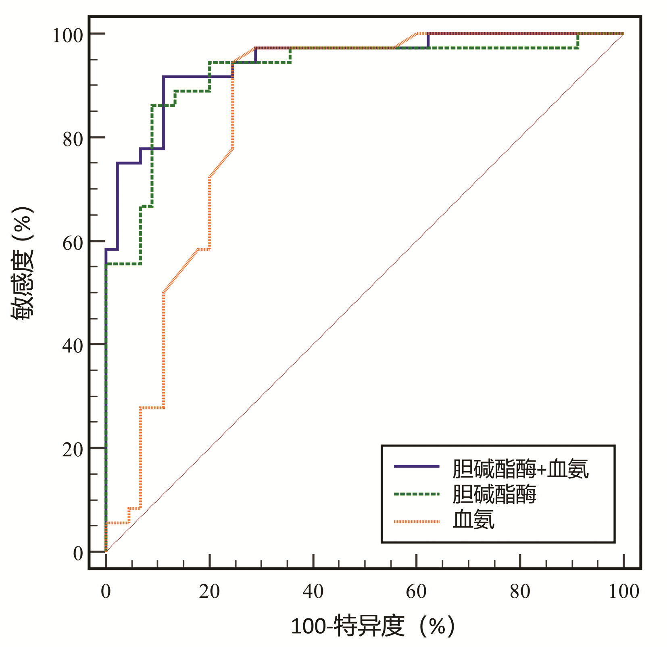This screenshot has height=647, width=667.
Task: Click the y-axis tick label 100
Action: pos(68,35)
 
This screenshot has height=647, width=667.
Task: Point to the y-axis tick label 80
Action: pos(73,139)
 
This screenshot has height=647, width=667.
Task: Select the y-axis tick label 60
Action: pos(73,243)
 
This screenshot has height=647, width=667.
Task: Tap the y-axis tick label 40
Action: pos(73,346)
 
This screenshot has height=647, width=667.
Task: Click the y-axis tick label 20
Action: pos(73,449)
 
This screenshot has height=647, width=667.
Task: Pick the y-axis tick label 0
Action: pos(78,553)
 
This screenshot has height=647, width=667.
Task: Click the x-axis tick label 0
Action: pos(106,591)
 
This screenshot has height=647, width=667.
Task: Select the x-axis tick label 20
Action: pos(209,591)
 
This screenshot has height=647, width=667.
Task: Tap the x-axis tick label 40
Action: pos(313,591)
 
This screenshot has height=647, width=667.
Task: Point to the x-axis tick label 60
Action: pos(416,591)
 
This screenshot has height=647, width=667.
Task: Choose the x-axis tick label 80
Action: pos(520,591)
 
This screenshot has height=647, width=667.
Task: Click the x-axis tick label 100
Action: pos(623,591)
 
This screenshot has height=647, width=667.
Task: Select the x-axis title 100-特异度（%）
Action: pos(373,626)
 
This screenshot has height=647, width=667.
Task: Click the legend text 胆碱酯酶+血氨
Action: pos(520,469)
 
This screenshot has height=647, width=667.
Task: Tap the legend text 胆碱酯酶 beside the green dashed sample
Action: pos(494,494)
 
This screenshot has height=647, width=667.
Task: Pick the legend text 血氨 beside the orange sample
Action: pos(473,520)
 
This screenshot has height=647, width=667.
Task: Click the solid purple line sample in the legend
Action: pos(417,466)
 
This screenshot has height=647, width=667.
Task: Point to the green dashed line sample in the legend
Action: pos(417,494)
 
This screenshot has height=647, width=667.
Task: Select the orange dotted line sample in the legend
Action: pos(417,522)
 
